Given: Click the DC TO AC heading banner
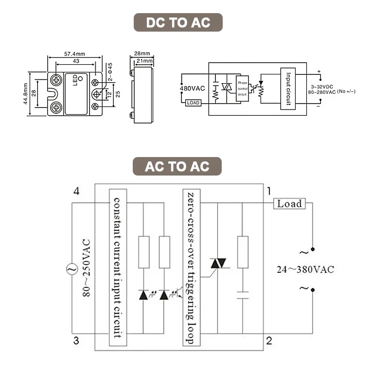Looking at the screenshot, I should click(x=178, y=23).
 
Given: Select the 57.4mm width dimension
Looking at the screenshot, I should click(x=74, y=54).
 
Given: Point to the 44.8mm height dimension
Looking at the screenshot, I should click(x=25, y=93).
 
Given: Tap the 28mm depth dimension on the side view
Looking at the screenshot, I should click(x=142, y=53).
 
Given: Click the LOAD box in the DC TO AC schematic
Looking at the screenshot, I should click(x=193, y=103).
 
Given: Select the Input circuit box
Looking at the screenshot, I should click(x=288, y=88).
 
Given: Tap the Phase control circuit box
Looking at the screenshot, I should click(x=243, y=88).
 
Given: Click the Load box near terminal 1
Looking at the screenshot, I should click(x=289, y=204).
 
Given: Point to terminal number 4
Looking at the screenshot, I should click(x=76, y=191).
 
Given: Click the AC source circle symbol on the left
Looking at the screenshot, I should click(x=71, y=268).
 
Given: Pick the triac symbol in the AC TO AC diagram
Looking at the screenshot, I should click(x=217, y=264).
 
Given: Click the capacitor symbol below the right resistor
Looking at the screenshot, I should click(x=243, y=294).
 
